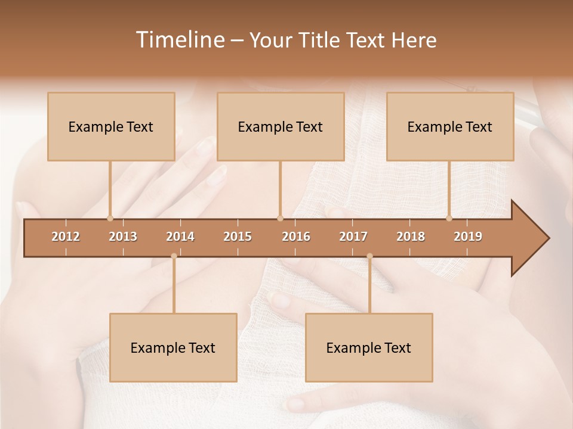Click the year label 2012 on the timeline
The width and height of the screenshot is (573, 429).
point(66,237)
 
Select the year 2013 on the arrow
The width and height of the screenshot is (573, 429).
point(123,237)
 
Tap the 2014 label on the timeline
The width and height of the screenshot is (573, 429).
point(180,237)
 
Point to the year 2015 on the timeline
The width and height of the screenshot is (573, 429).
point(238,237)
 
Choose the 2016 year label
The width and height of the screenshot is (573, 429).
point(296,237)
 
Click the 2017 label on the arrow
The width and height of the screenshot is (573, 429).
point(353,237)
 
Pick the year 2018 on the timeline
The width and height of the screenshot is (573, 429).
point(411,237)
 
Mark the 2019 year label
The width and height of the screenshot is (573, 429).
point(468,237)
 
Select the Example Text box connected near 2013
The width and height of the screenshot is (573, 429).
point(111,126)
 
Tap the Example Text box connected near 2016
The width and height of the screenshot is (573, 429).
point(281,126)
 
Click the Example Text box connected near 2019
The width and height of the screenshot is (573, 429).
point(450,126)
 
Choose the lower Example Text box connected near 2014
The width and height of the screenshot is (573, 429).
point(173,347)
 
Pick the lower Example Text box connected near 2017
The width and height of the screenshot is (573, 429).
point(369,347)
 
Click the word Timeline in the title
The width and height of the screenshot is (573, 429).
point(179,40)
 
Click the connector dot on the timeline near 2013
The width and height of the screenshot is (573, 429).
point(110,218)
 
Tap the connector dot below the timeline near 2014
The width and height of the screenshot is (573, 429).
point(174,256)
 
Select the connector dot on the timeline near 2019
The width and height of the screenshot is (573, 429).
point(449,218)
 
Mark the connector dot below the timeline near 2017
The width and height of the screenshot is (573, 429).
point(369,256)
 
